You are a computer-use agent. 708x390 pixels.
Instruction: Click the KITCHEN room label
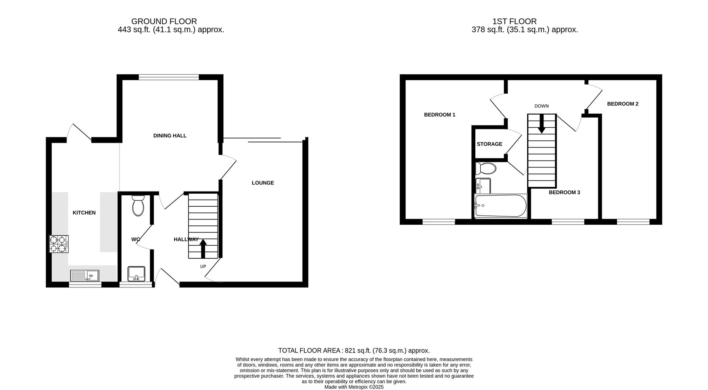click(84, 213)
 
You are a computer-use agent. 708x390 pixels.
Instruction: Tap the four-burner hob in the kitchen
click(59, 244)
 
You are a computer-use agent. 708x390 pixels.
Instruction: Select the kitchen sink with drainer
click(84, 275)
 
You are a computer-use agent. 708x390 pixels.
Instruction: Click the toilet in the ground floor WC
click(138, 206)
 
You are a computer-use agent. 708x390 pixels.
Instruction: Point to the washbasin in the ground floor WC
click(136, 274)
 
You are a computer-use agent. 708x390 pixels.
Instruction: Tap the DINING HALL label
click(170, 136)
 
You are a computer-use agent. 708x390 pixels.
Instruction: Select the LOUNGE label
click(263, 183)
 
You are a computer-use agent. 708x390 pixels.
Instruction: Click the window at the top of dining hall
click(169, 77)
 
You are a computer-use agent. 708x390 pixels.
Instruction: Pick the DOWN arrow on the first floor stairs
click(541, 124)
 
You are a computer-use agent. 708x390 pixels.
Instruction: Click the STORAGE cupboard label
click(489, 144)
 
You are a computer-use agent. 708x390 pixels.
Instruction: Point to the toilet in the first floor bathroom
click(486, 169)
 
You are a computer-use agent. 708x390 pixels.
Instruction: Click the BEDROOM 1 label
click(440, 115)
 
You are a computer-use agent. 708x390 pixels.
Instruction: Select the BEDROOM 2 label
click(622, 104)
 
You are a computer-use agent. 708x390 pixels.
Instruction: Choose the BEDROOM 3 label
click(564, 193)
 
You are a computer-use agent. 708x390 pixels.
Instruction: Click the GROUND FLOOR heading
click(164, 21)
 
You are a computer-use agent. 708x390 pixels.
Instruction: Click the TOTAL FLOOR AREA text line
click(354, 351)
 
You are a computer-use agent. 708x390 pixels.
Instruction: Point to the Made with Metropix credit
click(354, 387)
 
